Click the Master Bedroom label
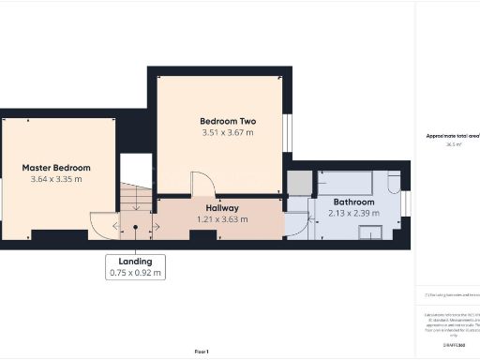(x=57, y=169)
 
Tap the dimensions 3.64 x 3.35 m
(x=56, y=180)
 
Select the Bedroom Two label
(x=228, y=122)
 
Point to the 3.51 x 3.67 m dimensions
(x=228, y=133)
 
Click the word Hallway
(x=222, y=208)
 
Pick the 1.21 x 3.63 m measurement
(x=222, y=219)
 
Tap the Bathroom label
(x=353, y=202)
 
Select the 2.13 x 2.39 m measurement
(x=353, y=214)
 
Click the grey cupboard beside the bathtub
(x=299, y=184)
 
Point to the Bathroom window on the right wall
(x=406, y=207)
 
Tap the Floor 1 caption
(x=202, y=350)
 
